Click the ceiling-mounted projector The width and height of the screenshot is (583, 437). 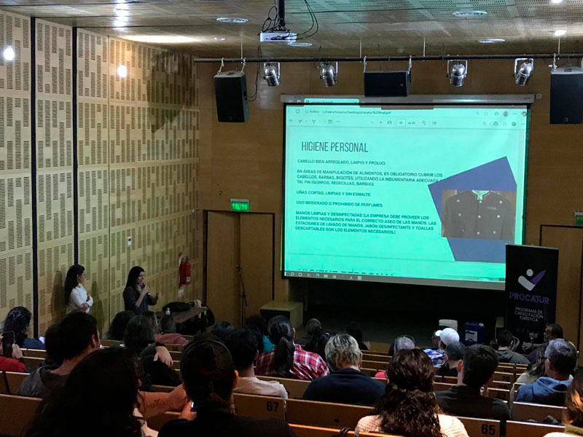(x=278, y=36)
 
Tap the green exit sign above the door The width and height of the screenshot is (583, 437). (x=239, y=205)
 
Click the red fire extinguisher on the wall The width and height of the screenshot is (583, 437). (x=185, y=272)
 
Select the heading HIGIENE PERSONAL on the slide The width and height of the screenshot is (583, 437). (x=334, y=146)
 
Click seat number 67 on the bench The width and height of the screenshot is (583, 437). (x=272, y=405)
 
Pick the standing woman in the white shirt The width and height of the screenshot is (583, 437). (x=77, y=290)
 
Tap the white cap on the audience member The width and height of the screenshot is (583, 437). (x=447, y=336)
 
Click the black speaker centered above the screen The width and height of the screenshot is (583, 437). (x=387, y=83)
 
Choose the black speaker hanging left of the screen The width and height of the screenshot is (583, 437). (x=231, y=95)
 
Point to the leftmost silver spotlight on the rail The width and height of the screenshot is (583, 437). (x=272, y=74)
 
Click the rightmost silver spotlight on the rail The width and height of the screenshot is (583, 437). (x=523, y=71)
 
